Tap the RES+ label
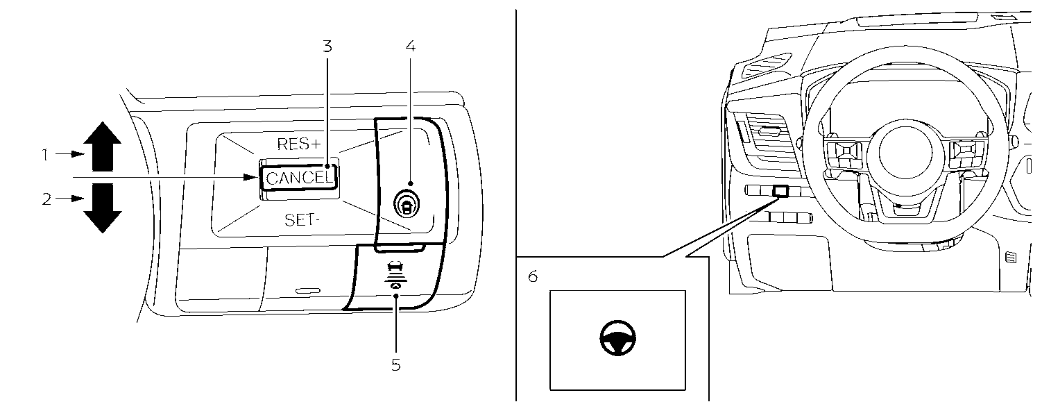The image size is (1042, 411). tap(299, 144)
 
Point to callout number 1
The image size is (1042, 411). tap(45, 154)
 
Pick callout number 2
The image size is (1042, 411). tap(46, 199)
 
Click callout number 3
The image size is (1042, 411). tap(327, 47)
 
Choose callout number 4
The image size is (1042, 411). tap(410, 47)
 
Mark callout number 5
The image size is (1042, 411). tap(395, 364)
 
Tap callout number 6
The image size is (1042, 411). tap(533, 276)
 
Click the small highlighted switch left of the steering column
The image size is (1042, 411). tap(780, 190)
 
